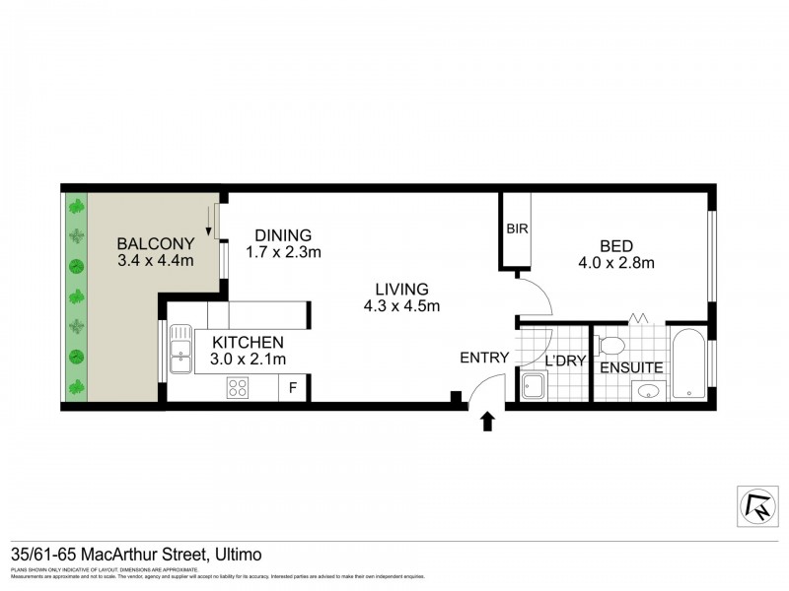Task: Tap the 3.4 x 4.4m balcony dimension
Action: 154,261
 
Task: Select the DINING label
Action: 283,235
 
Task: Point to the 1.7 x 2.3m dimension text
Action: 283,252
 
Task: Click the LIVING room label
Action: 401,290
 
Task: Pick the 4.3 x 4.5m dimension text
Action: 401,306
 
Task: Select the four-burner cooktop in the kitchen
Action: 239,387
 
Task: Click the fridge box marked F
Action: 293,388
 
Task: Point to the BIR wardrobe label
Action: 517,229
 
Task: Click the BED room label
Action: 616,245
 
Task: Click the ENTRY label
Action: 484,358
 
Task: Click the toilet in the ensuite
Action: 610,346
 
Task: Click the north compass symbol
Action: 757,505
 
